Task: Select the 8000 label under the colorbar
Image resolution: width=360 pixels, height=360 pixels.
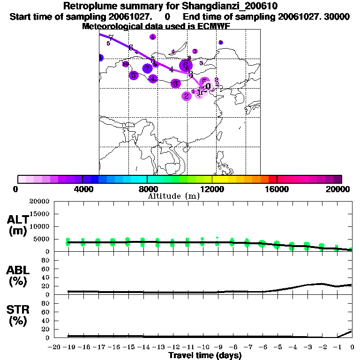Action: point(147,189)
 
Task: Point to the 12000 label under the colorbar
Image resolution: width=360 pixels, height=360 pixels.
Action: point(212,189)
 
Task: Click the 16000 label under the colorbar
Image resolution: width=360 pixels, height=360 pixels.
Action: point(277,189)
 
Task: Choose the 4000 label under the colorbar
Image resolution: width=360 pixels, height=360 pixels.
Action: point(82,189)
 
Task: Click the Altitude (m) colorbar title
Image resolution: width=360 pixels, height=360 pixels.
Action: point(173,196)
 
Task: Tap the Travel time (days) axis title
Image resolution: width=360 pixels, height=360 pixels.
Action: point(205,356)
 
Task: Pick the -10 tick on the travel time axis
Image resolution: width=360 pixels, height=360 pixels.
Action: point(202,347)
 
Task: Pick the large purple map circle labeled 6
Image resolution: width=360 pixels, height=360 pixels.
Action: point(186,66)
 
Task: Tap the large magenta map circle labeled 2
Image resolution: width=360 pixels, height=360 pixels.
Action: point(187,96)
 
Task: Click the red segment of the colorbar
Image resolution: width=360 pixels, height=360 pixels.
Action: point(272,179)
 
